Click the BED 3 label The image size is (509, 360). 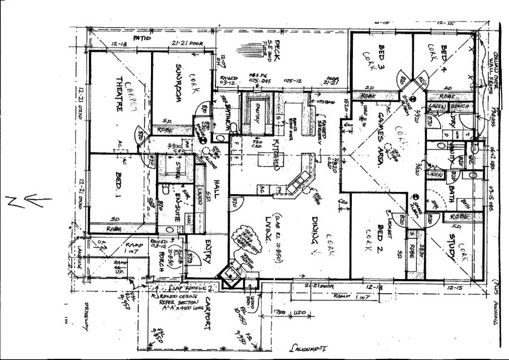click(x=382, y=56)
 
